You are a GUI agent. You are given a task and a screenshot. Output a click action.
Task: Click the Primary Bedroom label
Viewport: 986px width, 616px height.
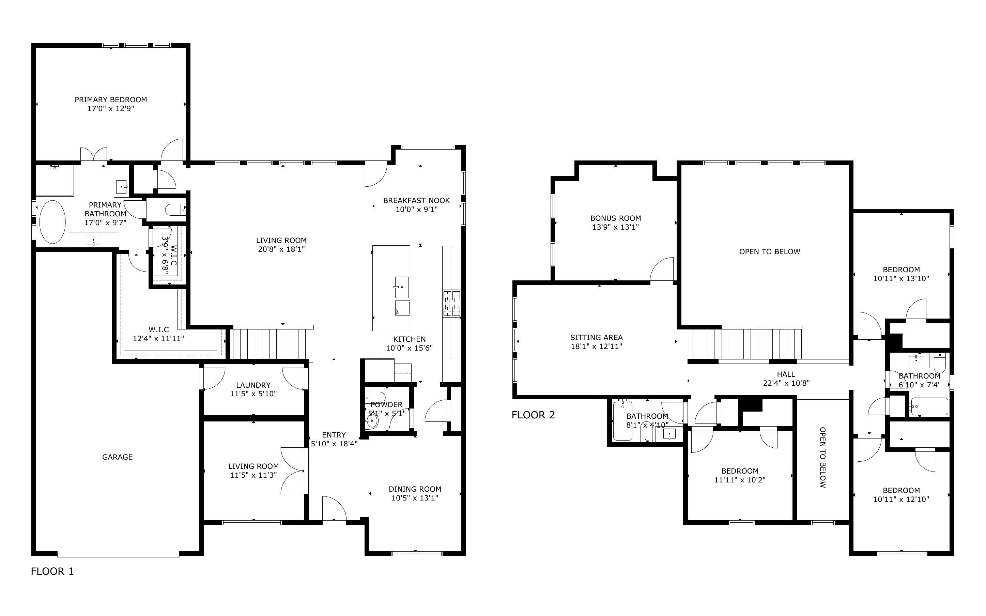tap(111, 99)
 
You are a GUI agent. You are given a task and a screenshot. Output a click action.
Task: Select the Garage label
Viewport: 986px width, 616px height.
tap(117, 457)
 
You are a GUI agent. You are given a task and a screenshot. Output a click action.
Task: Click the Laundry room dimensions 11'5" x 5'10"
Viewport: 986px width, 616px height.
tap(253, 394)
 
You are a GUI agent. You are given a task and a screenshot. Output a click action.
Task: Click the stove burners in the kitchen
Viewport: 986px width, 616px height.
tap(452, 304)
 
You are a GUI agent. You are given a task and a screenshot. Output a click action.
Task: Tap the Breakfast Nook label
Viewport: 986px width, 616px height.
tap(416, 200)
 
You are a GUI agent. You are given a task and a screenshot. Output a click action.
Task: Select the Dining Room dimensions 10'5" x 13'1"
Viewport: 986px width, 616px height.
tap(415, 498)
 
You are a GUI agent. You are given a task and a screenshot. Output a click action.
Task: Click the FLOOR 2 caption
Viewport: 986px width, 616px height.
tap(533, 415)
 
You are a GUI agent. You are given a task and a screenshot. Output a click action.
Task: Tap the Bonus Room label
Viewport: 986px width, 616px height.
tap(615, 218)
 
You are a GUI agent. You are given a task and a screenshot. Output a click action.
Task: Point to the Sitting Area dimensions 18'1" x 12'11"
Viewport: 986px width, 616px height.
tap(596, 346)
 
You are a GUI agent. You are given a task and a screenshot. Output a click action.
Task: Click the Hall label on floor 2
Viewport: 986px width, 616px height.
tap(786, 374)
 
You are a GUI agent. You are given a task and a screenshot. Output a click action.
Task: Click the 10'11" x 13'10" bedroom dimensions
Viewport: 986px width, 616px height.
tap(901, 279)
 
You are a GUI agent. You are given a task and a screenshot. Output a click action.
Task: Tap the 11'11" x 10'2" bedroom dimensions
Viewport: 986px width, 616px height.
tap(740, 480)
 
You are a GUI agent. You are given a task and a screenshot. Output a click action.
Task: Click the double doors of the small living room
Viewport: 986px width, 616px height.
tap(292, 471)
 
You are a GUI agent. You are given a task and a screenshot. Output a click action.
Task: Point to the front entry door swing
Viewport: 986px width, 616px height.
tap(334, 508)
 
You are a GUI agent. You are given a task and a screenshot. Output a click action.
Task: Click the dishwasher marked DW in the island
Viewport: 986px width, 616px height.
tap(402, 308)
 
